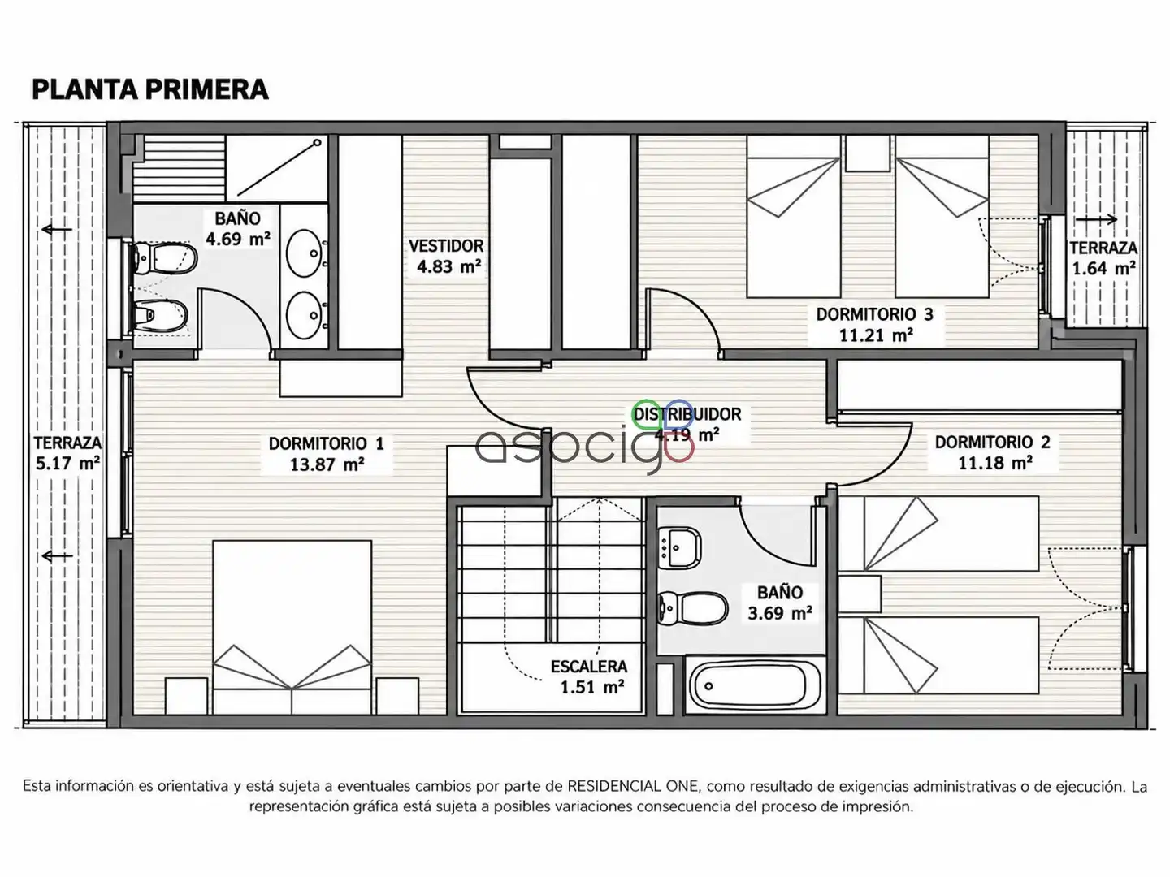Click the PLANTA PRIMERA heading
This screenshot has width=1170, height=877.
(x=150, y=89)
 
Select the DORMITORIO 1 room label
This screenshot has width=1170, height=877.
(x=326, y=443)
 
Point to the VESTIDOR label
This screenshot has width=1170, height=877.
(x=446, y=246)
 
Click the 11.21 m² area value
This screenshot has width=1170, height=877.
(x=877, y=335)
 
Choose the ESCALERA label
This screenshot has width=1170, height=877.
(x=588, y=667)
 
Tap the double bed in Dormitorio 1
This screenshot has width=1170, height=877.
(x=292, y=627)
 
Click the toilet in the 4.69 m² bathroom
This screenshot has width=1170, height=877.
(x=164, y=258)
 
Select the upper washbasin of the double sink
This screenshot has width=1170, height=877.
(x=305, y=253)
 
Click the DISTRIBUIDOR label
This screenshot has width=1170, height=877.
(x=687, y=414)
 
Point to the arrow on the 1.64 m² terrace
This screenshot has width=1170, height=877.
(x=1096, y=219)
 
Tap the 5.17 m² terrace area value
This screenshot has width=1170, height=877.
(x=67, y=463)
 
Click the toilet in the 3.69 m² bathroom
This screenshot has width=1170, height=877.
(x=692, y=608)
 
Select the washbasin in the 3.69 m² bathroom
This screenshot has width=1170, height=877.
(x=679, y=547)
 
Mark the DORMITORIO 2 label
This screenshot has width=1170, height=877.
(x=993, y=442)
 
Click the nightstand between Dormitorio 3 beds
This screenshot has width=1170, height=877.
(x=868, y=153)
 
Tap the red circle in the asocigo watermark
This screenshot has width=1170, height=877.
(x=679, y=448)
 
